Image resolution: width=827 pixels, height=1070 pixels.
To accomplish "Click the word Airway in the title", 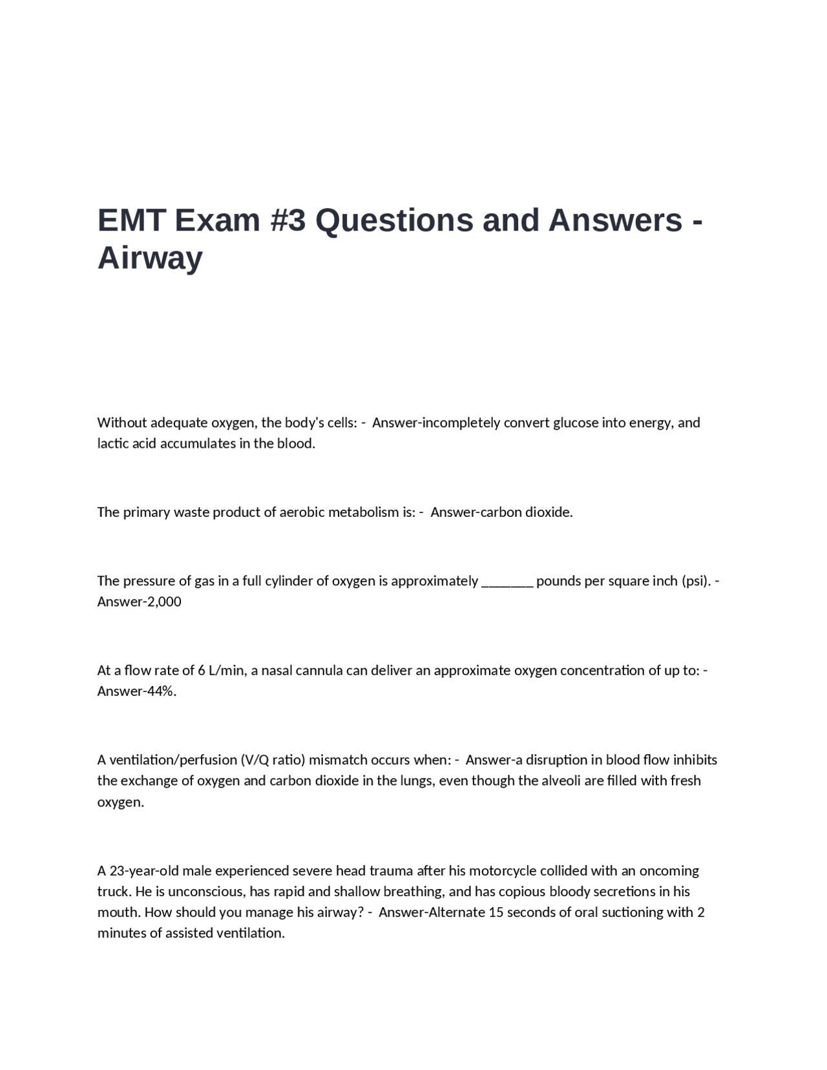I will click(150, 258).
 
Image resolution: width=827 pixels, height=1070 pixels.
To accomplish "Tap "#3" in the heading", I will click(286, 220).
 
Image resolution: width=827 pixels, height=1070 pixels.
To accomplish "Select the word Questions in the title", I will click(394, 220).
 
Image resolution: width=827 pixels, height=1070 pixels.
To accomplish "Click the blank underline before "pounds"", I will click(507, 581).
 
